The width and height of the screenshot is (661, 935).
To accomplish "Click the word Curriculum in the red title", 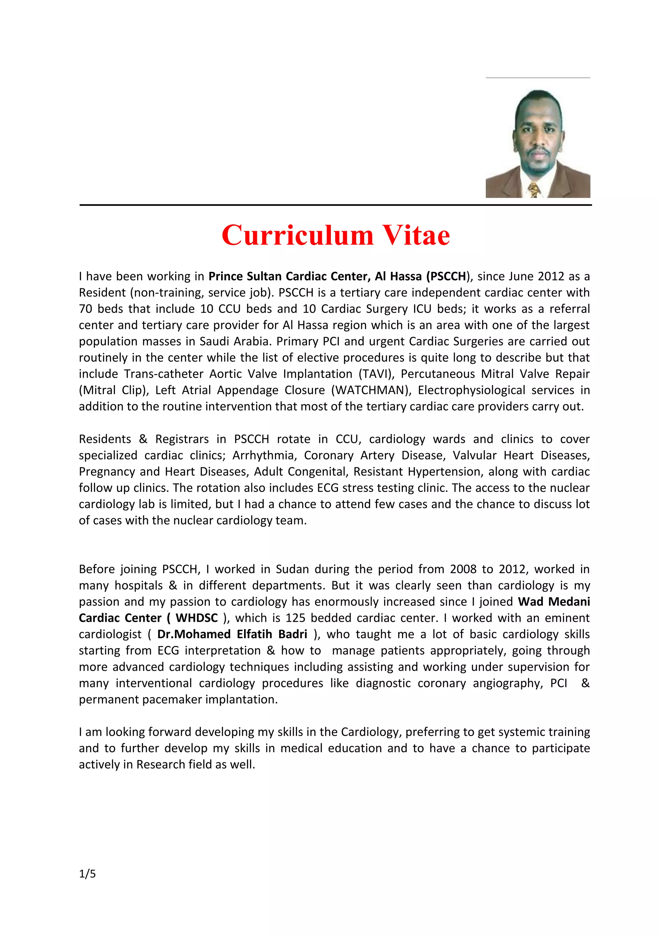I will pyautogui.click(x=297, y=235).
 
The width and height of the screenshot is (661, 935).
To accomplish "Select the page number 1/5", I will pyautogui.click(x=87, y=874).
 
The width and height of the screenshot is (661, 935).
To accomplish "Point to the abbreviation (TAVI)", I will pyautogui.click(x=377, y=374).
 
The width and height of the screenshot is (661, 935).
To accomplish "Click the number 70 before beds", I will pyautogui.click(x=86, y=309).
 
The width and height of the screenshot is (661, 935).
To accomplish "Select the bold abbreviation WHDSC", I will pyautogui.click(x=197, y=618).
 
